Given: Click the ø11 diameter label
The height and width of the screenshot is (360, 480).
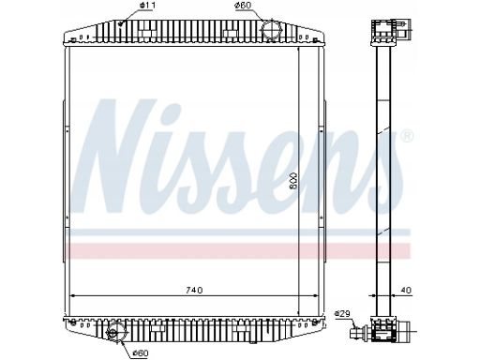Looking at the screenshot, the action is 148,6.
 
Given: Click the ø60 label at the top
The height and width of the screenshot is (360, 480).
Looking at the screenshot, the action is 245,6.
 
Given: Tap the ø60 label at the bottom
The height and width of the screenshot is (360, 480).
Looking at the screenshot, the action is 140,353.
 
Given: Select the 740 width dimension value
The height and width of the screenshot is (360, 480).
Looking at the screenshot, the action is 194,291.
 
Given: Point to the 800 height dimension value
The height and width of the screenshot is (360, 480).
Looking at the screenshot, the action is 293,180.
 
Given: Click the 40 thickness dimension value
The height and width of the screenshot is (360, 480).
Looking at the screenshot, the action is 406,291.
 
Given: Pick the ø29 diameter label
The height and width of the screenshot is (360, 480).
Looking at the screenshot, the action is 342,313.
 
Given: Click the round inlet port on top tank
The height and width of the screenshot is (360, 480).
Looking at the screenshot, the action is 271,28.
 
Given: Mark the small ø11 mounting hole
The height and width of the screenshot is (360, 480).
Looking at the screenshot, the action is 121,22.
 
